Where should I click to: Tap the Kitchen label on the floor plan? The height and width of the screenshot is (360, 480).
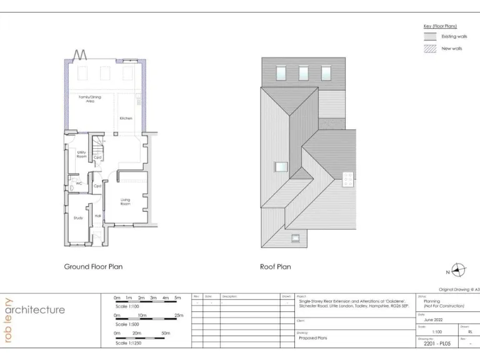point(126,118)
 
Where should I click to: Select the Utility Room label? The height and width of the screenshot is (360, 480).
point(81,154)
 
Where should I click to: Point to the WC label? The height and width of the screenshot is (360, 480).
point(79,183)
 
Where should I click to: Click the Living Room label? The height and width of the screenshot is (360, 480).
point(125,202)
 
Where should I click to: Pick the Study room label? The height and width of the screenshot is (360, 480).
point(78,217)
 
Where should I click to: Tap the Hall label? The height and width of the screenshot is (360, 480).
point(97,216)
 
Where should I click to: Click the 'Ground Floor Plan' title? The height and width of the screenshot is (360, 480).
point(93,267)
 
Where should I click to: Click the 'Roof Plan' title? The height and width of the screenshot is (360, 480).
point(275,267)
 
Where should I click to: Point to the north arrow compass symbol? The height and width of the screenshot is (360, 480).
point(459,270)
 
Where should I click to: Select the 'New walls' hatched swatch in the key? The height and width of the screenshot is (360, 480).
point(430,48)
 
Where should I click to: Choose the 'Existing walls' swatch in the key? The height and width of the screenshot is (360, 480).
point(430,36)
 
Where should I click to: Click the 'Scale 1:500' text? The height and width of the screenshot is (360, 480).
point(129,325)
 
